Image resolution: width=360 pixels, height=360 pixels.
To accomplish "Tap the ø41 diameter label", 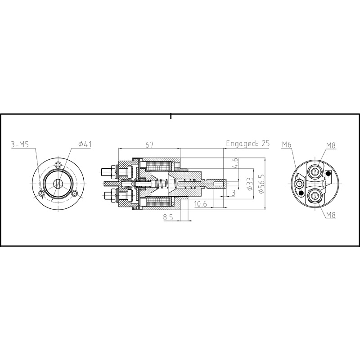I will tap(85, 144).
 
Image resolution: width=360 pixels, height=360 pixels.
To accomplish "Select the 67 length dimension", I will tap(149, 144).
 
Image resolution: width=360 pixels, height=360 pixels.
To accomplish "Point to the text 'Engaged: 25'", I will tap(247, 144).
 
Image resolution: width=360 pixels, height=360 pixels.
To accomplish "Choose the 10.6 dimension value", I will tap(202, 204).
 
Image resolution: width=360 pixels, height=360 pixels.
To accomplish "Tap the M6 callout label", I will tap(288, 144).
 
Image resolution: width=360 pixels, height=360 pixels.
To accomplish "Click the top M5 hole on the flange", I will tap(58, 165).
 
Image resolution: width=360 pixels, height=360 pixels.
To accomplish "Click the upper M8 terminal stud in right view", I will tap(315, 171).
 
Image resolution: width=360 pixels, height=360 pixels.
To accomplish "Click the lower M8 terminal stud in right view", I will tap(315, 195).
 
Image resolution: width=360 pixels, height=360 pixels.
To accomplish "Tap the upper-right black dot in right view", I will tap(328, 173).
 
